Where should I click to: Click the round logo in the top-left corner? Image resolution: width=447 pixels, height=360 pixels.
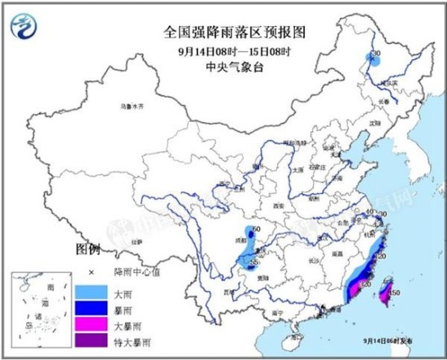[x=26, y=28]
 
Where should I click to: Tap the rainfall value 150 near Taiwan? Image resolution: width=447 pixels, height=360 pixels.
[x=395, y=291]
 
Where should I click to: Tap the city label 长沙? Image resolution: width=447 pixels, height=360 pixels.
[x=312, y=261]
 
